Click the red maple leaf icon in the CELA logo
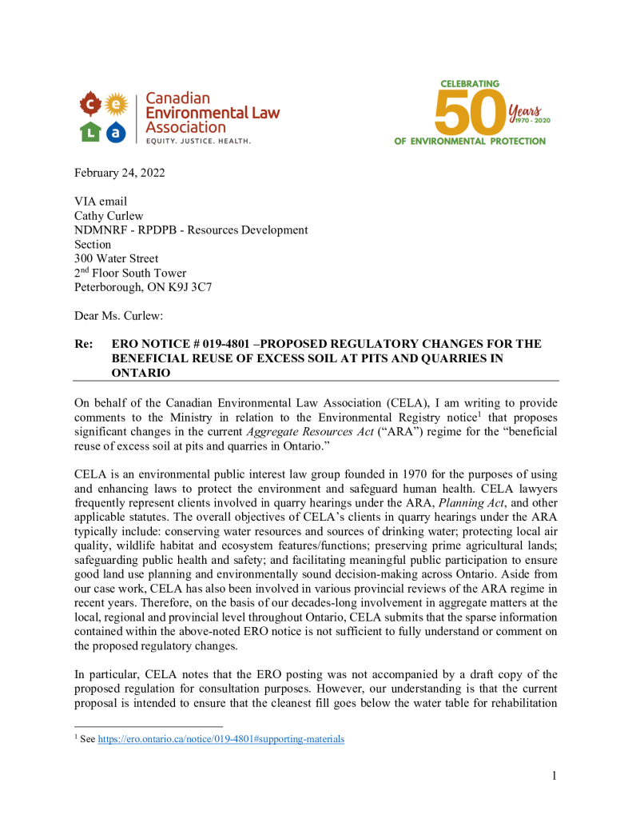pos(90,104)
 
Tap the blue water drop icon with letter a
pos(117,133)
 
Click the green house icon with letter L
pos(90,133)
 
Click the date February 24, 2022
pos(120,174)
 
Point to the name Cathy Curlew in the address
pos(110,216)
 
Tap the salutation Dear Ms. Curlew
pos(118,316)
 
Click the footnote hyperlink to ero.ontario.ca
pos(221,740)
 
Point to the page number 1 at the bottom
pos(553,775)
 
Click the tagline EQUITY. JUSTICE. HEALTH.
pos(198,141)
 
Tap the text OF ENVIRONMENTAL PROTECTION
pos(470,142)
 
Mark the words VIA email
pos(101,202)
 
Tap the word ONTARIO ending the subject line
pos(141,373)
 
